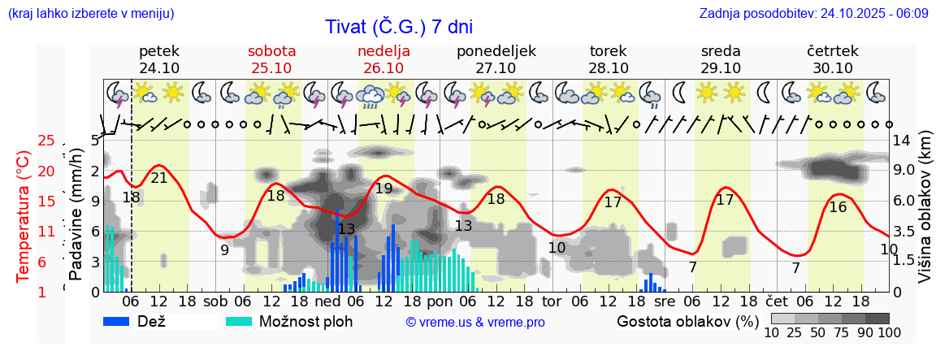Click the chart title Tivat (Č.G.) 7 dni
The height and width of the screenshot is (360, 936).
point(398,27)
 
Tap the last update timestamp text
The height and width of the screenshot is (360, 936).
point(813,14)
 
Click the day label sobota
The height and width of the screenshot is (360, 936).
point(271,51)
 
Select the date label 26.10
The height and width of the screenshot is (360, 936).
point(383,68)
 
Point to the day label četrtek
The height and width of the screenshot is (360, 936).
point(832,51)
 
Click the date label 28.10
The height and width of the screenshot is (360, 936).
point(608,68)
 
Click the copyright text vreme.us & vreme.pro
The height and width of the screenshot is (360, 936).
point(474,323)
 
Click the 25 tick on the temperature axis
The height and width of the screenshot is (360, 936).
point(46,141)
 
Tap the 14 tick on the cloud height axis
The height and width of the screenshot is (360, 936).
point(902,141)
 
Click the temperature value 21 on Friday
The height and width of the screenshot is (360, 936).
point(159,178)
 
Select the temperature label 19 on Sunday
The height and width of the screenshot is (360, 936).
point(384,189)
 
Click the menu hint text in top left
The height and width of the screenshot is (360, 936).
point(90,14)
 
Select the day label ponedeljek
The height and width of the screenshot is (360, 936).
point(496,51)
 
